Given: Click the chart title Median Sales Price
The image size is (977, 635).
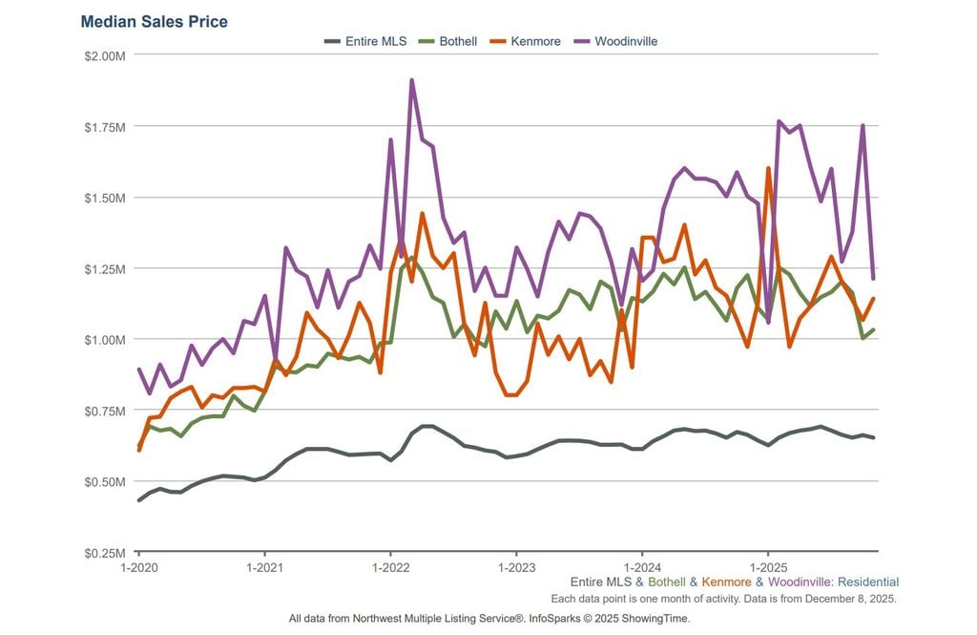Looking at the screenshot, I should [155, 21].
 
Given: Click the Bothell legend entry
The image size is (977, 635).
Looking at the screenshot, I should [458, 41].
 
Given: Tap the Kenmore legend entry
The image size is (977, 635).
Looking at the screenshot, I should [535, 41].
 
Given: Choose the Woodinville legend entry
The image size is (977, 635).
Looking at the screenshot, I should [625, 41].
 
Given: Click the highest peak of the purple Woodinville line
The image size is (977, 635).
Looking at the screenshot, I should [411, 80].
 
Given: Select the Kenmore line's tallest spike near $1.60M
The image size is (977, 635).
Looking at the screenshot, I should [768, 169].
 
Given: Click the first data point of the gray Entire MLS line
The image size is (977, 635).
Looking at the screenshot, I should [139, 500].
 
